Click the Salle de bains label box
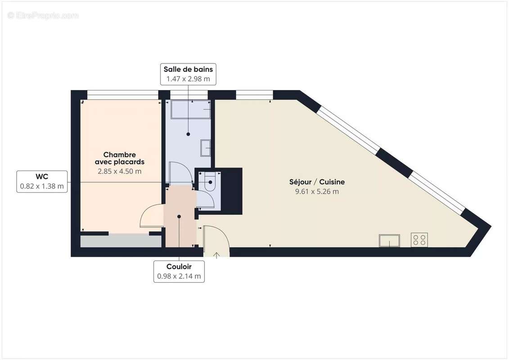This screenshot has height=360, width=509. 188,74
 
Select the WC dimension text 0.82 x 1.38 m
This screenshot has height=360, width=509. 42,185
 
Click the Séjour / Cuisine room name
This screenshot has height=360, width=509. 317,182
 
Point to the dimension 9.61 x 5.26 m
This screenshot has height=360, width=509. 317,191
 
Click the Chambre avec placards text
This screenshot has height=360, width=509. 119,158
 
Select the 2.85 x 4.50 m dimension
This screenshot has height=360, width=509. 119,171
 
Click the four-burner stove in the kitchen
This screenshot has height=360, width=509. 419,240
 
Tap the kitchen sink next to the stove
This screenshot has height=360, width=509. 389,241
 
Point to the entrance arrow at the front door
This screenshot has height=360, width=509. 216,255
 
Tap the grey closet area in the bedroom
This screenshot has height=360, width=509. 121,241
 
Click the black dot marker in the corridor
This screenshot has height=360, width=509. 179,216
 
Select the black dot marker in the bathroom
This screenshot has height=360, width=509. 188,134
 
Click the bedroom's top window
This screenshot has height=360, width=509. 122,94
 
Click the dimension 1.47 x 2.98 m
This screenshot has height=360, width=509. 188,79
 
